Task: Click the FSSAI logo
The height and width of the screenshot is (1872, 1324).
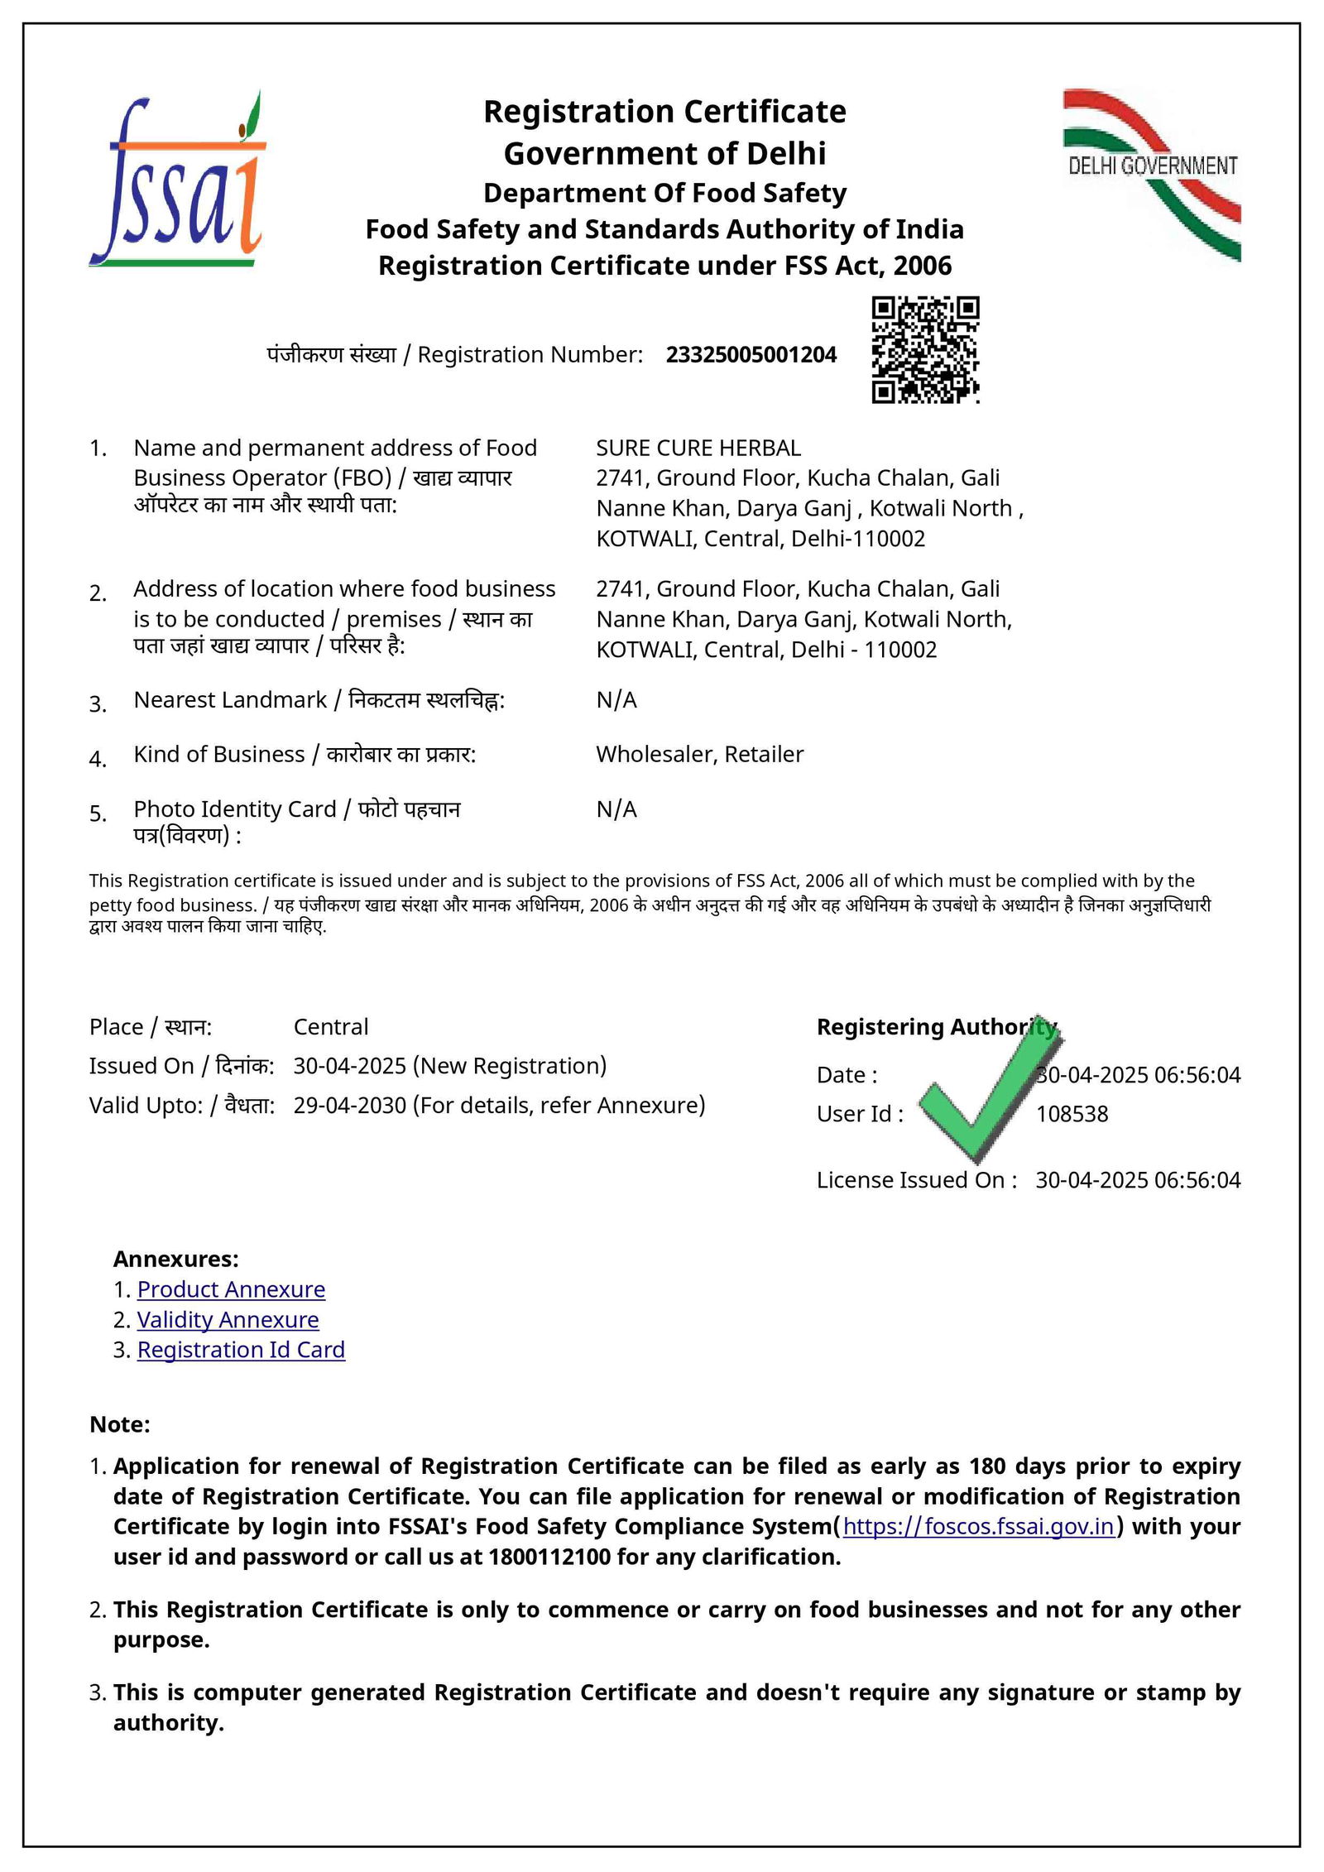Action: [177, 179]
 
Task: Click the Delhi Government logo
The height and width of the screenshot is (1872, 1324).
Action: [1153, 175]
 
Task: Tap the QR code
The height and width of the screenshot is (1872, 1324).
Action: [925, 349]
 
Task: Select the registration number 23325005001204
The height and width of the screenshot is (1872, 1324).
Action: [751, 355]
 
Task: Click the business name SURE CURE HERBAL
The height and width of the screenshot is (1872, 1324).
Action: [698, 449]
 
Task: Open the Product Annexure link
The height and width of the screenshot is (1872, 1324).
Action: [231, 1289]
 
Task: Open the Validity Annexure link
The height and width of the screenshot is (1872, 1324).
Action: [228, 1319]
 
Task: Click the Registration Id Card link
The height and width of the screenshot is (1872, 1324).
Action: [241, 1350]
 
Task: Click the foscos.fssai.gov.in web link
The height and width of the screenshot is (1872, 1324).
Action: [978, 1526]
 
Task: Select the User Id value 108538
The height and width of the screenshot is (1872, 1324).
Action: [1072, 1114]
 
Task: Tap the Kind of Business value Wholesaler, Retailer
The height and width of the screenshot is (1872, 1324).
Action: [699, 755]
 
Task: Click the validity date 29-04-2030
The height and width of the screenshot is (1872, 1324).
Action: [349, 1106]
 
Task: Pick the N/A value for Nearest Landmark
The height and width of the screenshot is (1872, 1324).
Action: [616, 700]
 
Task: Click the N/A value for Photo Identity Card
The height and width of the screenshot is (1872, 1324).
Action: [616, 809]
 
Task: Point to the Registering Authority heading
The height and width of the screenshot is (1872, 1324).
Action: [936, 1027]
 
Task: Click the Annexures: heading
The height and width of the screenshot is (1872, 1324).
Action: [175, 1259]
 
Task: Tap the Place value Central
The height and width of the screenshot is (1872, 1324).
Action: [331, 1027]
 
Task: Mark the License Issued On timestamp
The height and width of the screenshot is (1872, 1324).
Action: [1138, 1180]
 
